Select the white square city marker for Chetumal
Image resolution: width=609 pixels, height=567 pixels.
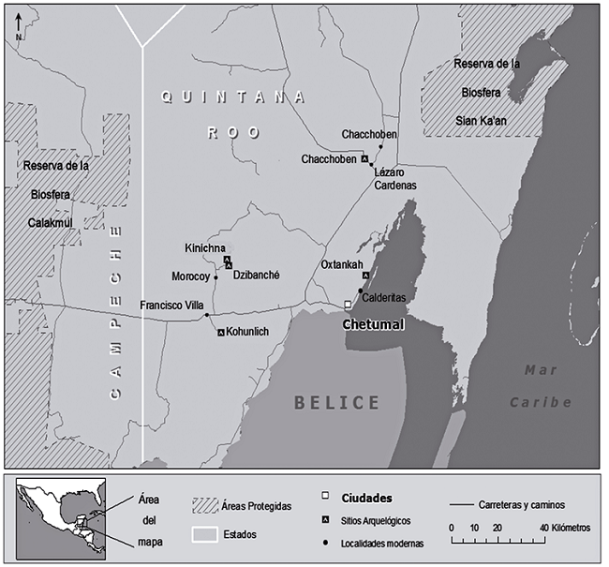349,306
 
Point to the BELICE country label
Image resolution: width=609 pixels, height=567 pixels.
337,403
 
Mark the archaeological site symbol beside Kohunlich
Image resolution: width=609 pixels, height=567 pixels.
221,333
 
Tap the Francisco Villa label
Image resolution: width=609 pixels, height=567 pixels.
172,306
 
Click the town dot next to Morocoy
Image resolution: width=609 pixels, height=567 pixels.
215,277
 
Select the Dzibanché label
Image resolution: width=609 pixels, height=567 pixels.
258,276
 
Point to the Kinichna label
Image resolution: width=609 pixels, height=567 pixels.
205,247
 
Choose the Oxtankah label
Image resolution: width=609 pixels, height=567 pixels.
341,264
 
